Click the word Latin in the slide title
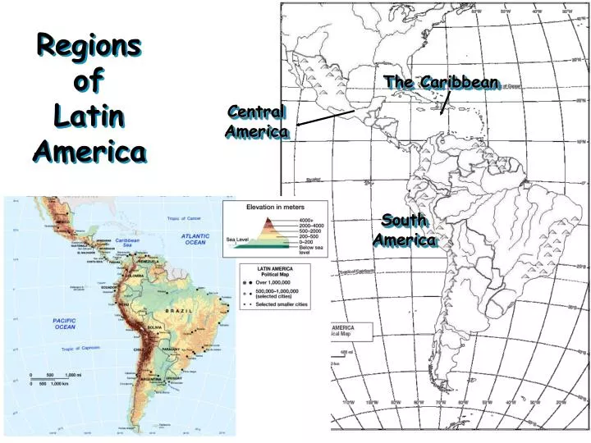click(x=90, y=116)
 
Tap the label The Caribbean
click(x=441, y=83)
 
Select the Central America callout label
click(x=257, y=121)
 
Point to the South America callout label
click(x=404, y=230)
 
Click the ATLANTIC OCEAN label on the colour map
click(x=195, y=239)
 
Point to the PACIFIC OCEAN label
click(x=64, y=323)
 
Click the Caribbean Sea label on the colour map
click(x=127, y=242)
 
